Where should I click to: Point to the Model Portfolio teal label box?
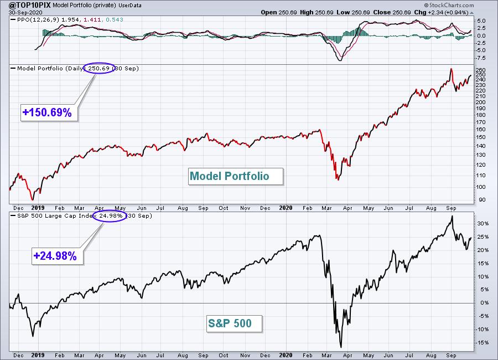229,177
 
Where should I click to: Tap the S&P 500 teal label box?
234,324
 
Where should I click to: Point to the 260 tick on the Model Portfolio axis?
480,70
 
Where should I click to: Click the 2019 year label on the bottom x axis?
38,354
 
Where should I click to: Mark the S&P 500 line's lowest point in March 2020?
341,347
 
